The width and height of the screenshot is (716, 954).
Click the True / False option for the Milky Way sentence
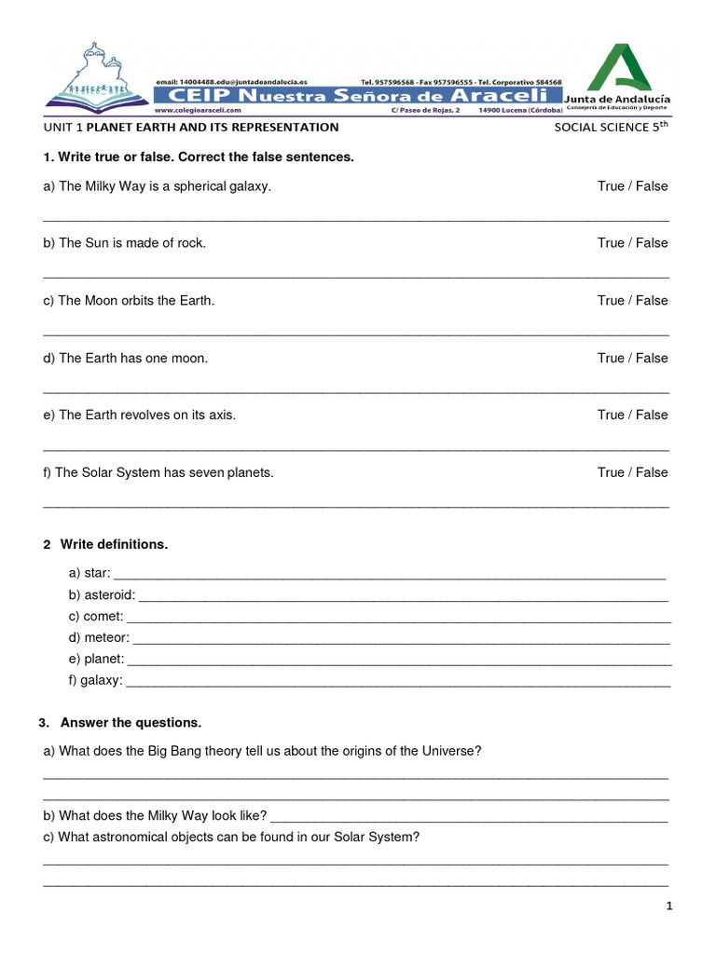coord(632,186)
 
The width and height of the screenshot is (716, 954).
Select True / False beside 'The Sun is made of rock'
coord(632,243)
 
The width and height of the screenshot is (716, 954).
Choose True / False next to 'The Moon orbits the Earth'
coord(632,301)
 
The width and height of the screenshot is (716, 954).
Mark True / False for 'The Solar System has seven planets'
coord(632,472)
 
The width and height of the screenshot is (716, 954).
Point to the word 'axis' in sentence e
coord(222,416)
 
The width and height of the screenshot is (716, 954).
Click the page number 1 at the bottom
coord(669,906)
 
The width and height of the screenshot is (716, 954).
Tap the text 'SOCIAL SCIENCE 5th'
coord(612,127)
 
